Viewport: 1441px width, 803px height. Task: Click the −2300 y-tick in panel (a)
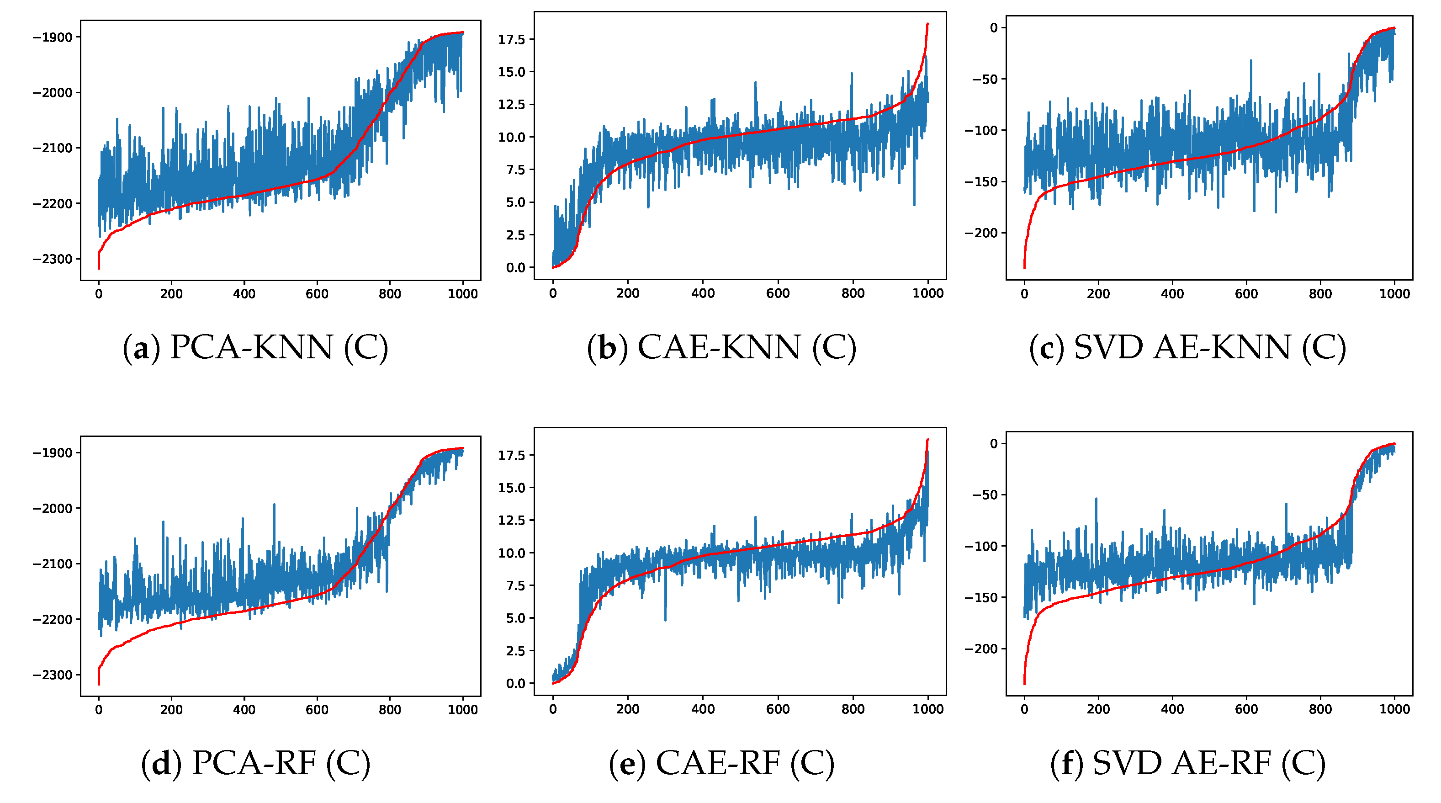53,259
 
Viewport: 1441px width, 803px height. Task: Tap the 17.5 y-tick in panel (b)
511,39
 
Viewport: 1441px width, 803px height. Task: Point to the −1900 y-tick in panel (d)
53,453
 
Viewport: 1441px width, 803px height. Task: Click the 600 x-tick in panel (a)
317,294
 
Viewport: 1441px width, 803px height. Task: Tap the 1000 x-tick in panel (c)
1394,294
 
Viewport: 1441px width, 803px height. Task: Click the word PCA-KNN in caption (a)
251,347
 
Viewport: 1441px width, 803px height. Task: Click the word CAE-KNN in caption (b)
719,347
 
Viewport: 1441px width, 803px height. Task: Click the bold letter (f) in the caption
1067,763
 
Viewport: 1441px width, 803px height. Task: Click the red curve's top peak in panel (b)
927,24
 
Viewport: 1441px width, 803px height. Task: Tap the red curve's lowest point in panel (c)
1024,268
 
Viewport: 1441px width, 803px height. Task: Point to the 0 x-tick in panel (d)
99,710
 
